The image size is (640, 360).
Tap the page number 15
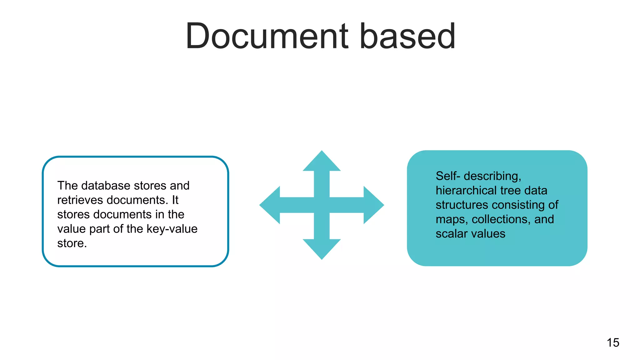click(613, 342)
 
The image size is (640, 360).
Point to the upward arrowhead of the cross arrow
click(322, 162)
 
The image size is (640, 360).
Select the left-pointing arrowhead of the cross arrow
click(270, 205)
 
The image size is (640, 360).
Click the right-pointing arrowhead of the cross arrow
click(373, 205)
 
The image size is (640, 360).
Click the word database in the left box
click(106, 186)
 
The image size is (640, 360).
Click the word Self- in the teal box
click(448, 176)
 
